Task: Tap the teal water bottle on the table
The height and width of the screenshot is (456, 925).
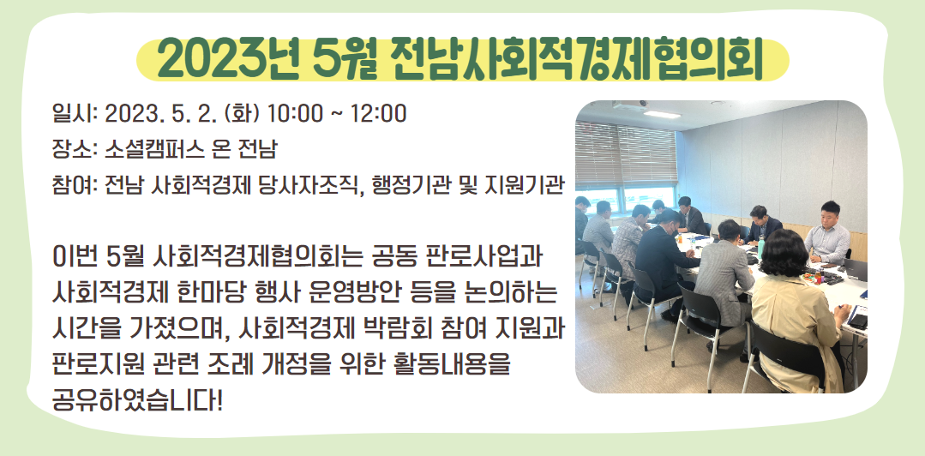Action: [760, 247]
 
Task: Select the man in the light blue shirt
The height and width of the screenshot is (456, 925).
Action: [826, 234]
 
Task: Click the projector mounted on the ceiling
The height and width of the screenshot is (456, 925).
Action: [629, 105]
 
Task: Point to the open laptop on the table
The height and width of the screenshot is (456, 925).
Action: [855, 270]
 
